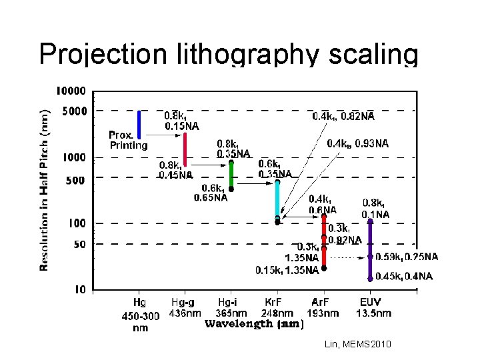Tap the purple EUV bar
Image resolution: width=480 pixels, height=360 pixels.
click(370, 250)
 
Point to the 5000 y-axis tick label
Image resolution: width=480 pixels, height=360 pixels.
click(74, 111)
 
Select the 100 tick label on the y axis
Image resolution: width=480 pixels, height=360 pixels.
click(79, 223)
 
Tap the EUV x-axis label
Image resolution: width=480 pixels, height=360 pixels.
click(372, 302)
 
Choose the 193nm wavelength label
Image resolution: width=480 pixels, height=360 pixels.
click(323, 313)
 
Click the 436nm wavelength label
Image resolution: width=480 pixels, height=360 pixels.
click(185, 313)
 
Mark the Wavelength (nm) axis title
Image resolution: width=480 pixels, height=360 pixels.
click(253, 325)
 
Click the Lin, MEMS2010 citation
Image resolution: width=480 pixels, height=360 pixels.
click(358, 344)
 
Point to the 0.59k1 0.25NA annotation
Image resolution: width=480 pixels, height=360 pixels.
click(407, 257)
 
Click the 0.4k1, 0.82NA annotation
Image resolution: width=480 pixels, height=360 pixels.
click(343, 116)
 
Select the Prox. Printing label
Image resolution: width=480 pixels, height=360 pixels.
click(129, 140)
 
